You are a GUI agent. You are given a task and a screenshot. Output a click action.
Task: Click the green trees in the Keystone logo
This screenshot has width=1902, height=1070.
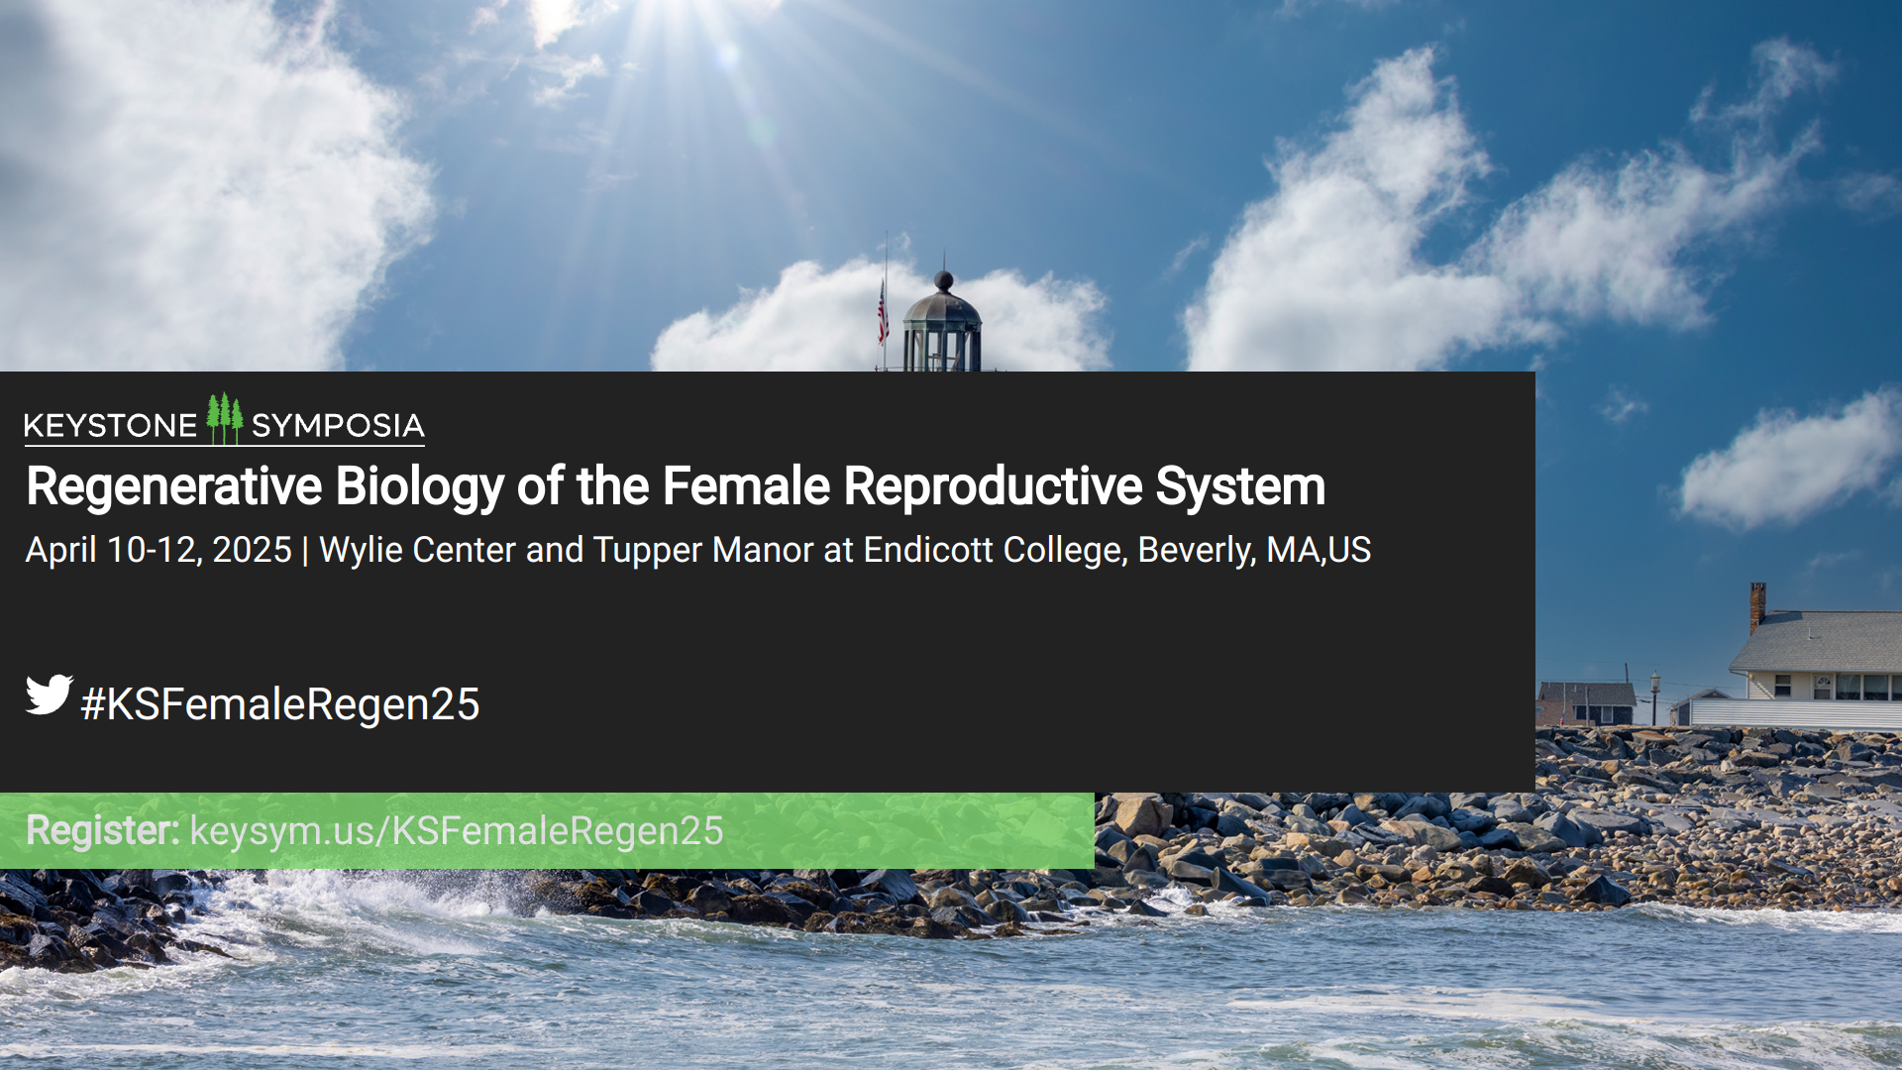(225, 417)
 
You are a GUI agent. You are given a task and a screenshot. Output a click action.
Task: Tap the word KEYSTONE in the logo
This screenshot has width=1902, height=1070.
(110, 426)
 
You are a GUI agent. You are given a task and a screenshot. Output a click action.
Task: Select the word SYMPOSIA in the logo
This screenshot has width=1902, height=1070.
(338, 426)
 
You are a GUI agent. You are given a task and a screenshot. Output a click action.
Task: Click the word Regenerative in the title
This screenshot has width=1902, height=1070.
(174, 486)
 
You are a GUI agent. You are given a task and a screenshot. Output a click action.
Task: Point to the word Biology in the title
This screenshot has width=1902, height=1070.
(420, 486)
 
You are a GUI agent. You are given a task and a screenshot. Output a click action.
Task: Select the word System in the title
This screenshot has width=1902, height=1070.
(1240, 486)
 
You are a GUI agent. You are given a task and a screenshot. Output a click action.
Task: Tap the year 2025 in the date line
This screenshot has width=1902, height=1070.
(252, 550)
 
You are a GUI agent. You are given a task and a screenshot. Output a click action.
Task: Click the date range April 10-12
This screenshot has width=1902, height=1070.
(109, 550)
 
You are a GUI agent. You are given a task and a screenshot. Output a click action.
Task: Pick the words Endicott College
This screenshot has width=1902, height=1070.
(995, 550)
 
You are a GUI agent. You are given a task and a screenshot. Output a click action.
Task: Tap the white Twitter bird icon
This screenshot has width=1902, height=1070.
(49, 695)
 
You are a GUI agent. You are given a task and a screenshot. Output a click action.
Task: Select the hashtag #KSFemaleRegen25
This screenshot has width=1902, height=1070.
(280, 704)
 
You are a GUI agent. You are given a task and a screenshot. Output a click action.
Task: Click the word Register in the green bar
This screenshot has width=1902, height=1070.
(102, 830)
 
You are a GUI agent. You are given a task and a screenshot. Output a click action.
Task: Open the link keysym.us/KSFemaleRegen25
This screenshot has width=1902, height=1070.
(457, 831)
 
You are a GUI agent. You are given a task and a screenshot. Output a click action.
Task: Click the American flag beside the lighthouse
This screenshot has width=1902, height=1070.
(883, 311)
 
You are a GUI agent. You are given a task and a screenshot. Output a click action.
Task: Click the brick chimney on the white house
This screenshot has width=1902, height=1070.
(1757, 606)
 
